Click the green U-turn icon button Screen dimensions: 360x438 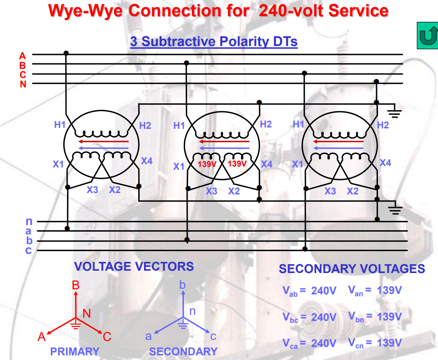(427, 36)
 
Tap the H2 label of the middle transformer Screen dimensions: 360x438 (266, 124)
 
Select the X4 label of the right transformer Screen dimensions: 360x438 (385, 163)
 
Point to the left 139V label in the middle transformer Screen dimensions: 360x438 (208, 164)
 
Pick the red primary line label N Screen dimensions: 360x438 (23, 84)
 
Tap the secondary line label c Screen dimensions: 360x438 (28, 251)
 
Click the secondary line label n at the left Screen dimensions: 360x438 (28, 221)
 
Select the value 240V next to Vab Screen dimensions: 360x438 (323, 291)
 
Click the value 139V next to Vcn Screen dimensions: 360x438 (389, 343)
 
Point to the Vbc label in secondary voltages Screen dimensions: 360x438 (290, 317)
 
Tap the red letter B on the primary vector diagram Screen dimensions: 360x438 (76, 285)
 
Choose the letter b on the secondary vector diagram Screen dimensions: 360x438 (183, 284)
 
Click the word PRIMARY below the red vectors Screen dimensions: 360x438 (75, 352)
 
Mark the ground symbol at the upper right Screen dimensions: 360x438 (394, 111)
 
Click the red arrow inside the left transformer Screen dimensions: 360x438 (103, 141)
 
